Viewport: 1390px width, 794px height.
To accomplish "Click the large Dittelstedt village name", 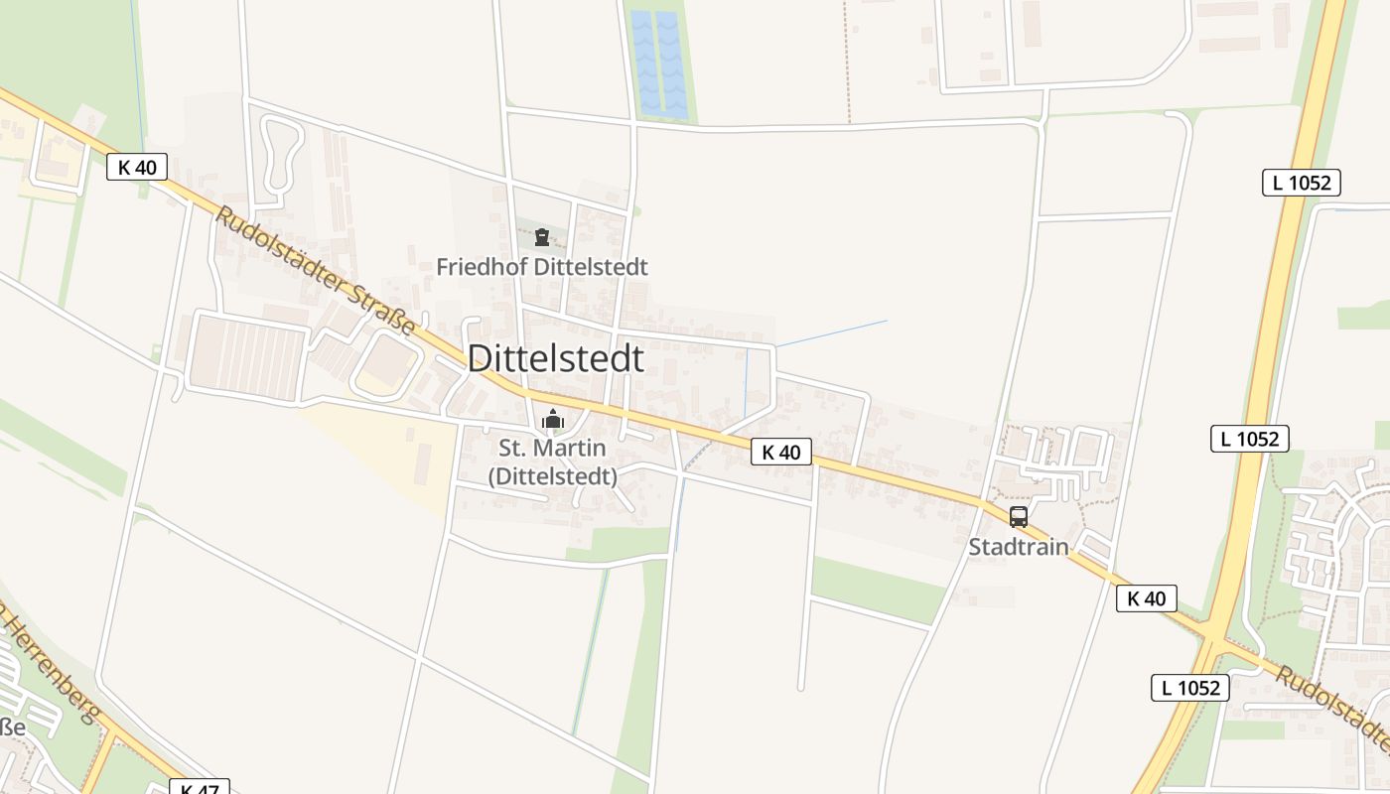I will click(x=555, y=358).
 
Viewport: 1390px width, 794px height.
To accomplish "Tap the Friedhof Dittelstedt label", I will click(x=542, y=267).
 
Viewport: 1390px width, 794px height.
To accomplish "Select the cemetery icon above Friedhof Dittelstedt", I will click(x=542, y=237).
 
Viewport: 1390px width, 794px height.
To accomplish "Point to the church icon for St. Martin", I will click(x=553, y=420).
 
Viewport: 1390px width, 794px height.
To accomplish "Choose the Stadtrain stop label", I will click(x=1019, y=546).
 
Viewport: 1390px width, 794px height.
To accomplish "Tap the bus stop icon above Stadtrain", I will click(x=1019, y=516).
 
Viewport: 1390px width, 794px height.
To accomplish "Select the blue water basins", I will click(x=657, y=64).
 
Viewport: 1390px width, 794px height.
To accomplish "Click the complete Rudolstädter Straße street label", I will click(x=316, y=271).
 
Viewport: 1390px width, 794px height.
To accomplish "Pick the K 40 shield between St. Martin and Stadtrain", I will click(x=781, y=453).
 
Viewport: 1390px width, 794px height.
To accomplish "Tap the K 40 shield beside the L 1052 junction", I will click(x=1147, y=598).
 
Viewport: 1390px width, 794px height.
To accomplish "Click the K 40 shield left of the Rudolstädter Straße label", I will click(x=137, y=167).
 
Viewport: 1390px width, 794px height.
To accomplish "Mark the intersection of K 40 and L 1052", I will click(x=1214, y=633).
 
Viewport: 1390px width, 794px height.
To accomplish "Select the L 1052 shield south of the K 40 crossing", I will click(x=1190, y=687).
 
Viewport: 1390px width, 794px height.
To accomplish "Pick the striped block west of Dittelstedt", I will click(x=248, y=357).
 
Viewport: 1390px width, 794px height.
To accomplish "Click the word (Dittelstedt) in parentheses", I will click(x=553, y=476).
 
